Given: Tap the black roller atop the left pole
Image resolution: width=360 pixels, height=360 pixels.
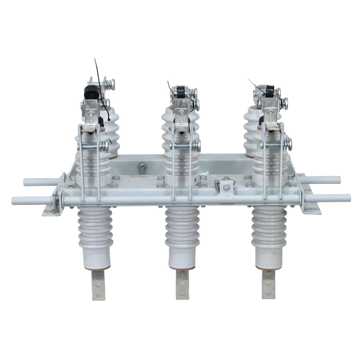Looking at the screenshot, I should [x=89, y=93].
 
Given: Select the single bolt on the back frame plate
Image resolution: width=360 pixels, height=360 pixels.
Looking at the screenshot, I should [x=142, y=167].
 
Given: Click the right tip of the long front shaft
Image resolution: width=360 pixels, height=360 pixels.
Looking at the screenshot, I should [x=348, y=198].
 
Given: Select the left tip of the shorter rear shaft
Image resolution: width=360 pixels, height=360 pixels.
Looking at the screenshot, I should [x=26, y=182].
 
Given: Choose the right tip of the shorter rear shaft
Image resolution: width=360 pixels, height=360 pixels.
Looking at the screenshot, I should [x=338, y=179].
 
